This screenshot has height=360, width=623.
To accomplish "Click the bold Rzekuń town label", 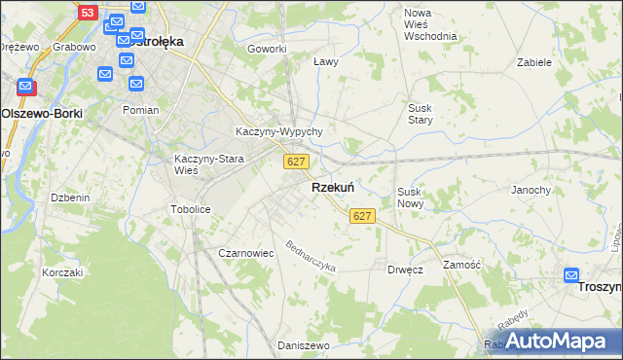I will point(332,188).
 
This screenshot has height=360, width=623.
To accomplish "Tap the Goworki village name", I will point(267,49).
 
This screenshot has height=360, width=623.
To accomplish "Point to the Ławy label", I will point(326,61).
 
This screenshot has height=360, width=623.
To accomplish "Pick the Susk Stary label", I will point(421,114).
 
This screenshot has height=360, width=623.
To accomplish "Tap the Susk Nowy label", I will point(409,198).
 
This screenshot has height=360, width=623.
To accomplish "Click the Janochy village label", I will point(531,190).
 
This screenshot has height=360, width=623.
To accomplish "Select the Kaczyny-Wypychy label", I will point(279,131).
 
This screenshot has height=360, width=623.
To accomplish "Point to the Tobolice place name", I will point(191,209).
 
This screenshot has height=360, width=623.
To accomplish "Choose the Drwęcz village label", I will point(405,270).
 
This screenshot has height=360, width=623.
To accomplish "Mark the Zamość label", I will point(461,265).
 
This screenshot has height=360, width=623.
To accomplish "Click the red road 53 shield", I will point(89,13).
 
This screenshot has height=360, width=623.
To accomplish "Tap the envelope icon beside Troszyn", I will point(571,275).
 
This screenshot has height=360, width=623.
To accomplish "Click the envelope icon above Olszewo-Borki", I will point(26,88).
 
